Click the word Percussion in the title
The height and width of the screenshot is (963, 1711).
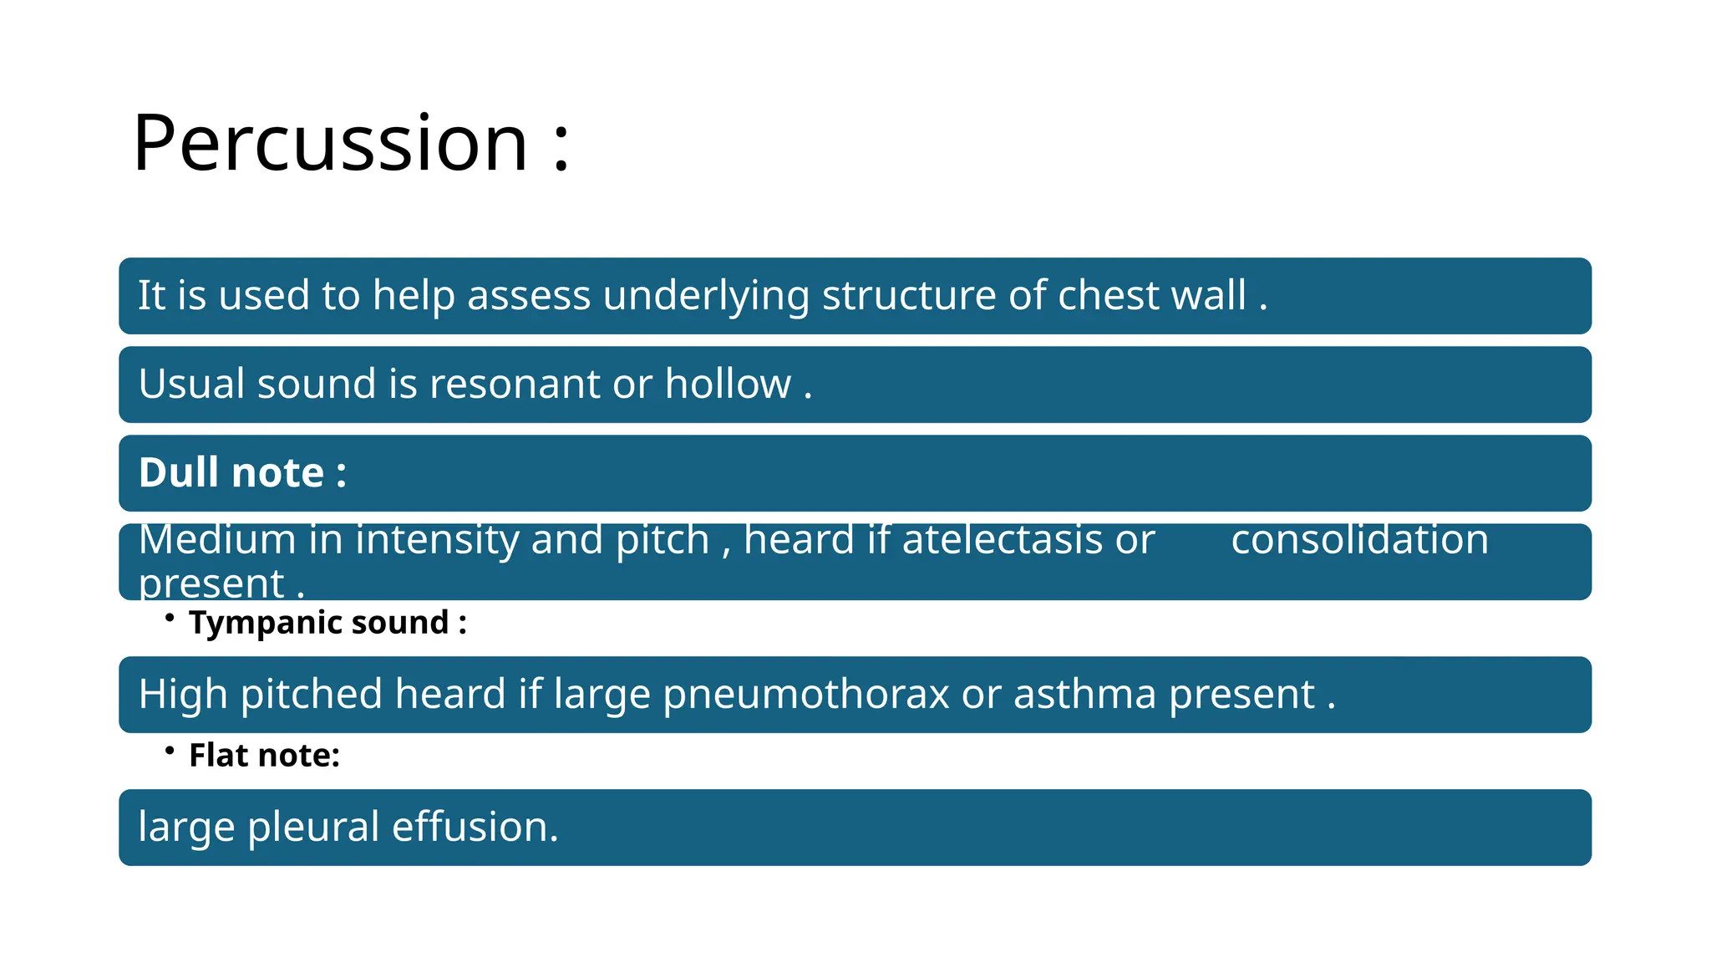point(330,144)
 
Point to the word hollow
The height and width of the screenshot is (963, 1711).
point(727,385)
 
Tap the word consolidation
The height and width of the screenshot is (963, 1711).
point(1359,540)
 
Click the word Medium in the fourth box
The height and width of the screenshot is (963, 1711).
point(217,540)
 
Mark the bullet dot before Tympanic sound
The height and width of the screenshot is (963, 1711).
point(170,618)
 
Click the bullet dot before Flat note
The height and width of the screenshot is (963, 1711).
point(170,751)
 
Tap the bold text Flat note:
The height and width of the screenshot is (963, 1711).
point(264,756)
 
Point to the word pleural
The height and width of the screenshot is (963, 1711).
point(313,828)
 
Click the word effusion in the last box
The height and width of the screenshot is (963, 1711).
point(475,828)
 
